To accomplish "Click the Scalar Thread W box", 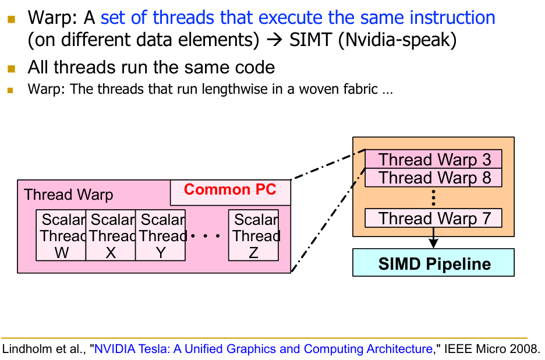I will (61, 235).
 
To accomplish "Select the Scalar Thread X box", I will (111, 235).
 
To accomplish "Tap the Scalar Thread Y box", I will (161, 235).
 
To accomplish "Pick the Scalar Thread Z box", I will (254, 235).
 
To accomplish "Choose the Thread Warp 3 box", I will (433, 160).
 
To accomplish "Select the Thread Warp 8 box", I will (433, 177).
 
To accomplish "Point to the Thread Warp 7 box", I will (433, 218).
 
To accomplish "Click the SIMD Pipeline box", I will (434, 263).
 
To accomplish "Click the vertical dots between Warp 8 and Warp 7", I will (434, 198).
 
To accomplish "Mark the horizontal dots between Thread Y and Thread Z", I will (206, 236).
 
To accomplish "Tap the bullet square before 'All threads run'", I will (11, 69).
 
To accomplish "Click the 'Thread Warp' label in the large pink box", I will (69, 195).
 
